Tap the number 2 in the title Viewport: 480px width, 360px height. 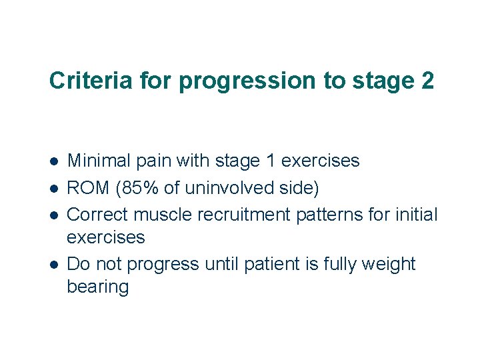pyautogui.click(x=427, y=81)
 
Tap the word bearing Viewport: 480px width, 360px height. pyautogui.click(x=98, y=287)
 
